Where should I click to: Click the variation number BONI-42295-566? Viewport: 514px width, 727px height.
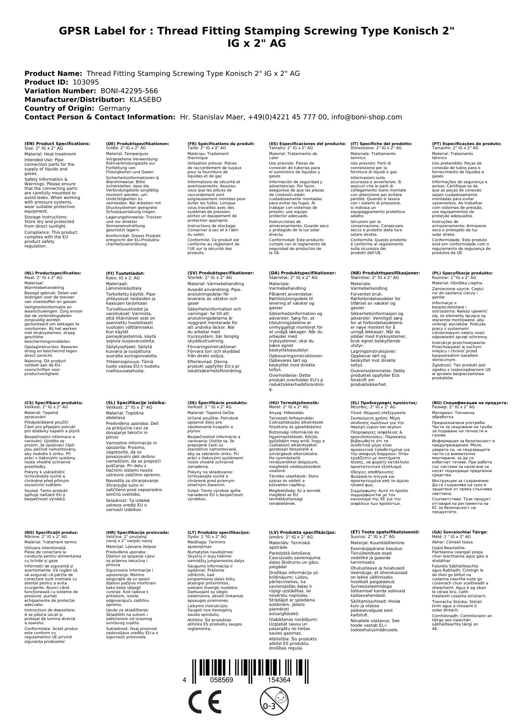(x=129, y=91)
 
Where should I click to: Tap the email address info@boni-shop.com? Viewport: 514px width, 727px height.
(x=367, y=117)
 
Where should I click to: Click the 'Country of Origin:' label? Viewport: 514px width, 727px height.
(x=60, y=108)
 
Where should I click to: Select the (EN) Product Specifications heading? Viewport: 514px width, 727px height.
(x=57, y=143)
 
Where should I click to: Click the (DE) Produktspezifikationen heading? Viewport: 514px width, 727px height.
(x=138, y=143)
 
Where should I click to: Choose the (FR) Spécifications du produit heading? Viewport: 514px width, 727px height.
(x=221, y=143)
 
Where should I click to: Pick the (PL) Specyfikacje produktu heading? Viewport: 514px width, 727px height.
(x=462, y=273)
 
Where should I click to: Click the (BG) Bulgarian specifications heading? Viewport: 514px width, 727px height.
(x=470, y=402)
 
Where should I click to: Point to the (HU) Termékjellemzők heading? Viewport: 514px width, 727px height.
(x=294, y=402)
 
